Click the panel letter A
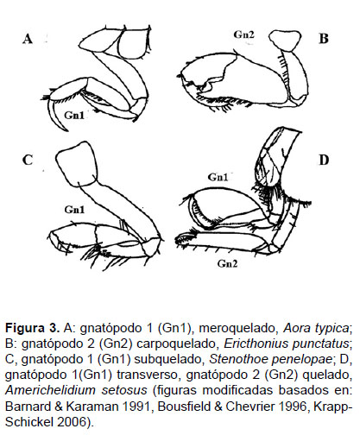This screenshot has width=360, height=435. click(x=28, y=39)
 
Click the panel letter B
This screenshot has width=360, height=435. click(x=324, y=38)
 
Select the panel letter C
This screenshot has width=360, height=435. click(x=28, y=160)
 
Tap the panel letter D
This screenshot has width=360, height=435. click(x=324, y=160)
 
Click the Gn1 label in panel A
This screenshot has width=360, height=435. click(x=74, y=116)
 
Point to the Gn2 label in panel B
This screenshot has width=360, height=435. click(x=244, y=35)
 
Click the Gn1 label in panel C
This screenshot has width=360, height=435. click(x=74, y=210)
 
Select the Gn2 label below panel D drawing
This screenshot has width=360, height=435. click(x=227, y=263)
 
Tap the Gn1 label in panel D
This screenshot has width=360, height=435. click(x=218, y=177)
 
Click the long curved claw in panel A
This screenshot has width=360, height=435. click(x=54, y=115)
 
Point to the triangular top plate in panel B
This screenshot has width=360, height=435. click(x=285, y=41)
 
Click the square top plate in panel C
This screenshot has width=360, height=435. click(x=76, y=164)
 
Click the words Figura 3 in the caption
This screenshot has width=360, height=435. click(x=33, y=328)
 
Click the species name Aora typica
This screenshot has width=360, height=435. click(x=316, y=328)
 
